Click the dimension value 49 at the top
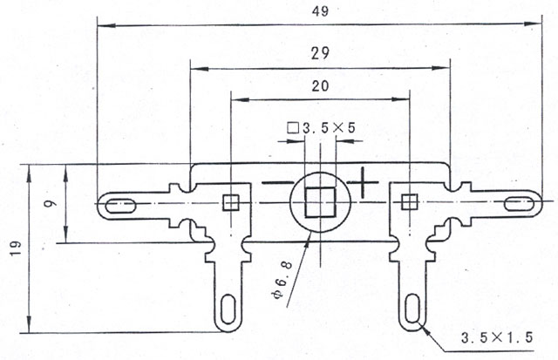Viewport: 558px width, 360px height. pyautogui.click(x=320, y=11)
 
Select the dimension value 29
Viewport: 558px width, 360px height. pyautogui.click(x=320, y=54)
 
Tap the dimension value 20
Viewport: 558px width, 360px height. pyautogui.click(x=320, y=86)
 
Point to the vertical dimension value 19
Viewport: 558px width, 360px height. pyautogui.click(x=16, y=248)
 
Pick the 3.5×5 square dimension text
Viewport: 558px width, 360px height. pyautogui.click(x=322, y=128)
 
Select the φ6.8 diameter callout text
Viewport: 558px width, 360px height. pyautogui.click(x=282, y=280)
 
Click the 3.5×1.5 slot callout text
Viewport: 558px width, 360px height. pyautogui.click(x=497, y=337)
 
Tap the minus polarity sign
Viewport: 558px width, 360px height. pyautogui.click(x=276, y=183)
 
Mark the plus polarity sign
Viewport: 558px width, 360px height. pyautogui.click(x=363, y=182)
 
